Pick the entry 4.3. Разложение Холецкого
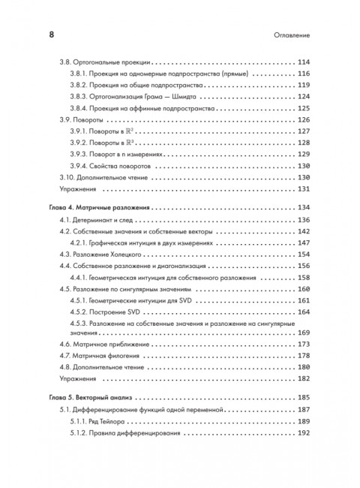100,255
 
